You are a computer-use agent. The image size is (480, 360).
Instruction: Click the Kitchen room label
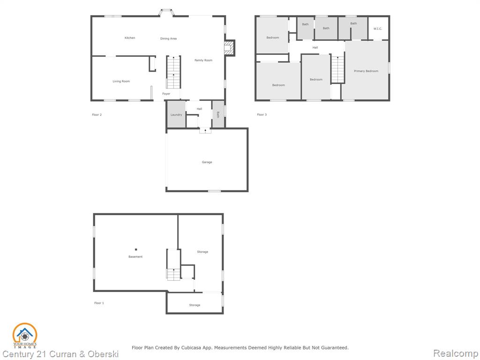coord(130,38)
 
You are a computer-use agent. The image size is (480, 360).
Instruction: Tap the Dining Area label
coord(168,38)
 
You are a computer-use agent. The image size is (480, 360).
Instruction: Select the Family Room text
coord(203,60)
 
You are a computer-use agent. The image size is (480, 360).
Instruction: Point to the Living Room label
coord(121,82)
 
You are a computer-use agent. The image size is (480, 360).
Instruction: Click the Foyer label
coord(166,94)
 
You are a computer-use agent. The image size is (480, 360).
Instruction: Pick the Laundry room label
coord(176,115)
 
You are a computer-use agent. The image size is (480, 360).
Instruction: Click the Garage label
coord(207,162)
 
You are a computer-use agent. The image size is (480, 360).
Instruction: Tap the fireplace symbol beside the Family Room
coord(229,48)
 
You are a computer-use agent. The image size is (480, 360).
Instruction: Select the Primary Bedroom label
coord(366,71)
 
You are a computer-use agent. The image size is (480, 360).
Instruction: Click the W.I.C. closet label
coord(378,29)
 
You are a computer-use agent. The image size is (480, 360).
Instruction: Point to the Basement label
coord(135,257)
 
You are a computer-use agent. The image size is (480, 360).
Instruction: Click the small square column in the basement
coord(136,249)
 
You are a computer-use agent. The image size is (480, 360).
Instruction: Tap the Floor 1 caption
coord(99,303)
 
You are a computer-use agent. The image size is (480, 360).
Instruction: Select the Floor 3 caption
coord(262,115)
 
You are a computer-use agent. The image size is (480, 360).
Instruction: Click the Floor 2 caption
coord(97,115)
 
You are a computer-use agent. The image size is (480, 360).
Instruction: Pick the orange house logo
coord(25,335)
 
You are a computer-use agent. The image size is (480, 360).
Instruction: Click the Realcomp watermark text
coord(456,353)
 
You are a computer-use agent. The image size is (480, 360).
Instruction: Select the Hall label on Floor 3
coord(315,48)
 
